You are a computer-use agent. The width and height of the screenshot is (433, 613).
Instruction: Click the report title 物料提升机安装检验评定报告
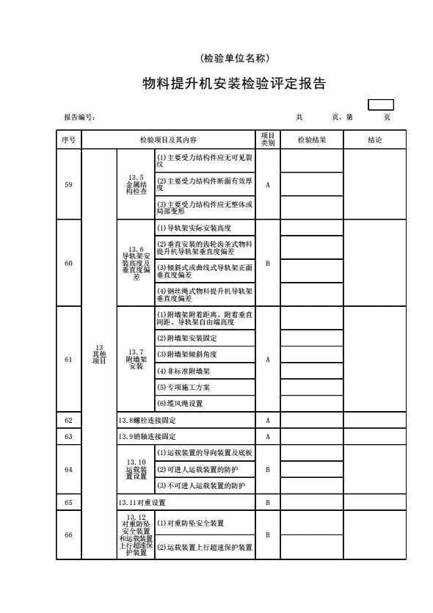pyautogui.click(x=234, y=83)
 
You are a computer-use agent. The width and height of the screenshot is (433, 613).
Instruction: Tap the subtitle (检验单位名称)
pyautogui.click(x=234, y=58)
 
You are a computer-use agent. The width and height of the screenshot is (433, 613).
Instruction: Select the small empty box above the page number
pyautogui.click(x=381, y=105)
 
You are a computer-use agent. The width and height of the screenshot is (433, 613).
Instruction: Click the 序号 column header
pyautogui.click(x=69, y=139)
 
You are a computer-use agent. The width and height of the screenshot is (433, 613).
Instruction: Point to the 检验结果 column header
pyautogui.click(x=312, y=139)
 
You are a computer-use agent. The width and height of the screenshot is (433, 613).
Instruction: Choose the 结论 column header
pyautogui.click(x=375, y=139)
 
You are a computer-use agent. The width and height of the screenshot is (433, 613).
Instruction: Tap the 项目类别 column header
pyautogui.click(x=268, y=139)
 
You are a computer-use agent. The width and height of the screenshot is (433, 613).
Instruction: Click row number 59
pyautogui.click(x=69, y=184)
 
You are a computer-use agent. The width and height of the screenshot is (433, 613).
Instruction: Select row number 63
pyautogui.click(x=69, y=436)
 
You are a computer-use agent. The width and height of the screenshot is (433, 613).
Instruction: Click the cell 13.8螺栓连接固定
pyautogui.click(x=148, y=420)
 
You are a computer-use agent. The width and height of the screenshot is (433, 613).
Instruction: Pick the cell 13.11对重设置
pyautogui.click(x=142, y=502)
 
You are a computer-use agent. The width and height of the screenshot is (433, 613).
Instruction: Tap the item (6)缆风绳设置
pyautogui.click(x=180, y=404)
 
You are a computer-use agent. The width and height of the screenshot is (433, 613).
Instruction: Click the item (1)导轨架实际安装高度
pyautogui.click(x=194, y=228)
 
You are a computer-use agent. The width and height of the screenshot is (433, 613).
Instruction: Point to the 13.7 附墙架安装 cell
pyautogui.click(x=137, y=359)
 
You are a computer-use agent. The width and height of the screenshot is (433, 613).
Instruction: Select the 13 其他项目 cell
pyautogui.click(x=99, y=354)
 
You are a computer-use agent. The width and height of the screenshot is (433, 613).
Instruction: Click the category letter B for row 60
pyautogui.click(x=268, y=263)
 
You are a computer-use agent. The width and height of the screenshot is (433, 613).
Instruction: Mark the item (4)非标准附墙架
pyautogui.click(x=183, y=371)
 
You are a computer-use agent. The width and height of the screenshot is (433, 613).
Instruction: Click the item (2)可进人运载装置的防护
pyautogui.click(x=197, y=470)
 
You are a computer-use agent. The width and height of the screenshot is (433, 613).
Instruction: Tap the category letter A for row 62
pyautogui.click(x=268, y=420)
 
